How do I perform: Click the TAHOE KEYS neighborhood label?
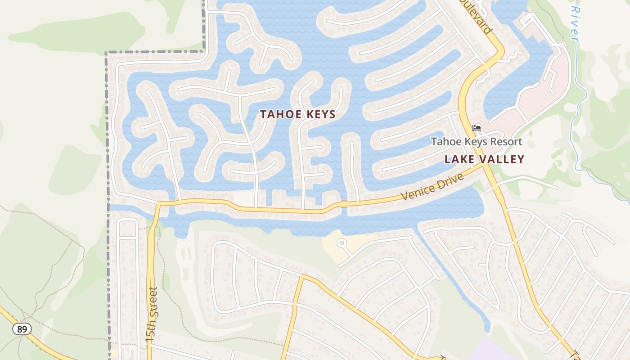point(298,114)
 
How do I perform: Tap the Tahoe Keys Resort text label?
point(477,142)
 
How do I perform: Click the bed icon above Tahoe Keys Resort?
point(477,128)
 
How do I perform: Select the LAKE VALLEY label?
point(484,159)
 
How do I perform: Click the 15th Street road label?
point(153,315)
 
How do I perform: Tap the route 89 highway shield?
point(22,329)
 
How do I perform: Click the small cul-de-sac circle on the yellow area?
point(342,243)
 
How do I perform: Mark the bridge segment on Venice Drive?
point(344,204)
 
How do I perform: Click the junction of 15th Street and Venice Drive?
point(158,205)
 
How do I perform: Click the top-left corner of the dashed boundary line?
point(107,53)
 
